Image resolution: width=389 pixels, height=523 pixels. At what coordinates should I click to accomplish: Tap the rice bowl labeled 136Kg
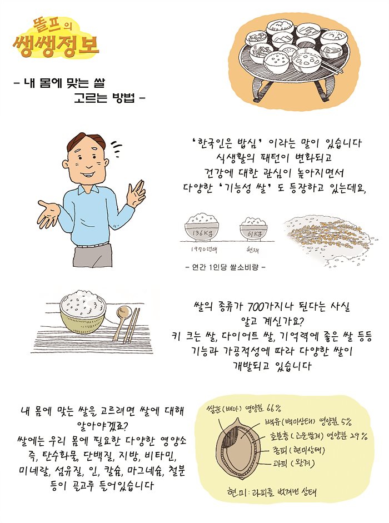[202, 227]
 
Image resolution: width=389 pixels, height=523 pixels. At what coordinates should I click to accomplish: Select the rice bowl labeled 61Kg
[254, 229]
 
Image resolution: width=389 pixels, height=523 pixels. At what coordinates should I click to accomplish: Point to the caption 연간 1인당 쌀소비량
[225, 267]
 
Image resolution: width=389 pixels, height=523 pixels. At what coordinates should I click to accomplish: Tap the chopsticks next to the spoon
[132, 326]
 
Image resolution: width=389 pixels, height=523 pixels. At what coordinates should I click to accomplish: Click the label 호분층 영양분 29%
[318, 436]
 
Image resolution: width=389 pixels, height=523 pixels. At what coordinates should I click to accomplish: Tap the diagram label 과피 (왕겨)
[293, 464]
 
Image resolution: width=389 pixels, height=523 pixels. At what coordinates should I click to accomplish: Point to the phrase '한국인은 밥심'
[228, 144]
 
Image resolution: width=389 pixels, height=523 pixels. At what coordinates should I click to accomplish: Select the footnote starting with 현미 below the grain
[271, 492]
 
